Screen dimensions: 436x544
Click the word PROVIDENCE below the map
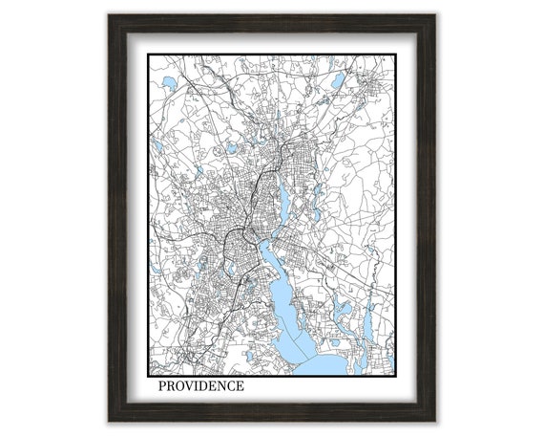[x=200, y=386]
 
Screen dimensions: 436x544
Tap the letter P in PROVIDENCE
[x=163, y=386]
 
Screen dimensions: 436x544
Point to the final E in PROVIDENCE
[x=239, y=386]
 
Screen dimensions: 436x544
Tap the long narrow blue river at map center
[x=282, y=202]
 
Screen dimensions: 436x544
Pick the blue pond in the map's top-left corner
[x=168, y=83]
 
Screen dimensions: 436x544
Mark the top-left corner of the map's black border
[x=148, y=54]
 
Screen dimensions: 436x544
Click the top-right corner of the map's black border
[x=396, y=54]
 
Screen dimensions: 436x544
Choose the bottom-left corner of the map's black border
[x=148, y=376]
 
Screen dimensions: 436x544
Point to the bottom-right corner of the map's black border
[x=396, y=376]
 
